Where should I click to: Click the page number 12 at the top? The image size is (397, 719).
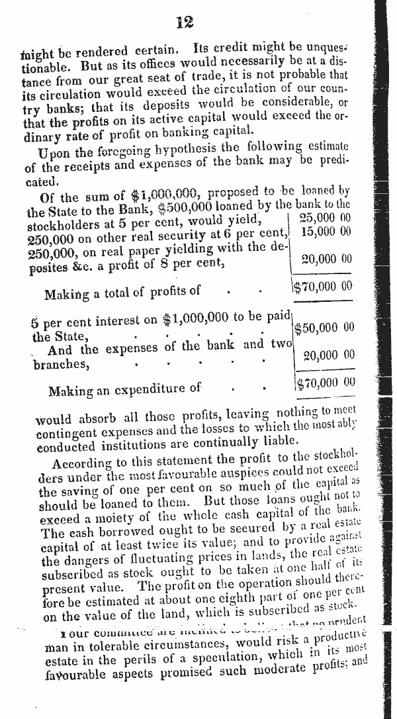pos(185,23)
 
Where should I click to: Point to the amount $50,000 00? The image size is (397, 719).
pos(324,328)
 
